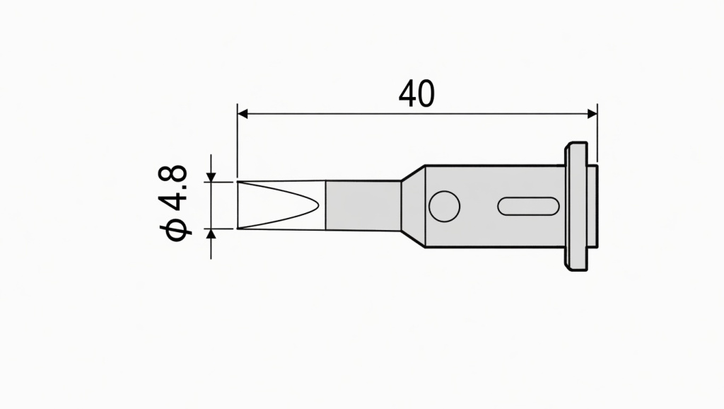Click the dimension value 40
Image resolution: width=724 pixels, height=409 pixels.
[416, 94]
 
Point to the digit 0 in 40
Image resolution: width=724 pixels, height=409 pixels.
[426, 94]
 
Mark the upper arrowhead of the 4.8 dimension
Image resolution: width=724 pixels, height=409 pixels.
[211, 176]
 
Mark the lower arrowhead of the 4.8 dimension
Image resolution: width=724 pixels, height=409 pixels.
[211, 234]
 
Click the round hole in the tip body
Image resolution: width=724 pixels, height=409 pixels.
[444, 206]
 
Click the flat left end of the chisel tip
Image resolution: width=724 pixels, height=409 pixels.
[238, 205]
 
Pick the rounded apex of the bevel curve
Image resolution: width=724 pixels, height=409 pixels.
[320, 205]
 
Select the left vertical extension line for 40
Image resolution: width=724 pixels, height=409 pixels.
[237, 142]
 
